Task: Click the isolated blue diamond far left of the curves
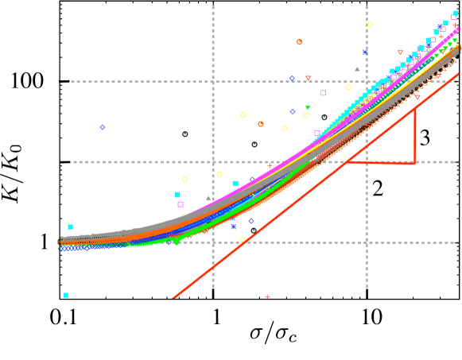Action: click(x=103, y=127)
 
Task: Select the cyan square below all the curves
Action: click(x=65, y=295)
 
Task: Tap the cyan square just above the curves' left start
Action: click(x=70, y=226)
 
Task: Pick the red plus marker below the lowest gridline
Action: click(x=267, y=297)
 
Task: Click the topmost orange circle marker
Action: click(x=299, y=42)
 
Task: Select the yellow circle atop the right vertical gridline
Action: click(x=370, y=25)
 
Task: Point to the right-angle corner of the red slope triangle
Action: click(x=414, y=163)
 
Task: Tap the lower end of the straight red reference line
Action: click(x=173, y=298)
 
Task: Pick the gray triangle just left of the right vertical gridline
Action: click(x=357, y=69)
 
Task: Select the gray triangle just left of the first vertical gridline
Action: click(x=208, y=198)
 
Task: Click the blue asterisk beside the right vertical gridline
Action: click(x=365, y=52)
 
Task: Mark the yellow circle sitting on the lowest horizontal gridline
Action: click(x=243, y=239)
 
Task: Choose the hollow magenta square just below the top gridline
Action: click(x=323, y=93)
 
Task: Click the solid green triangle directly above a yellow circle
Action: click(x=308, y=107)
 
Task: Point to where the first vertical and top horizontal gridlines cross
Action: click(x=213, y=82)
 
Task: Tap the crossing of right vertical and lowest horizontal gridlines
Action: click(x=367, y=242)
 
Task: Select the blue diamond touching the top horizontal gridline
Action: click(x=292, y=78)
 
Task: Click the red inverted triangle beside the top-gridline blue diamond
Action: click(x=309, y=78)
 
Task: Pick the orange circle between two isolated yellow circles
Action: click(x=261, y=124)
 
